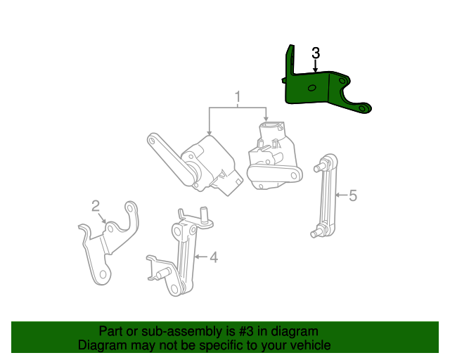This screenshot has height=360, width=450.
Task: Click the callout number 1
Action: point(238,96)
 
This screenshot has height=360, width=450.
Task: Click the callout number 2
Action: point(96,205)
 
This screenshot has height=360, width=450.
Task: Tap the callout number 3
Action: point(316,53)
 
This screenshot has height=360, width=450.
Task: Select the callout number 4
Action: point(213,257)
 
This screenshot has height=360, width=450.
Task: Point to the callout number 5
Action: point(353,195)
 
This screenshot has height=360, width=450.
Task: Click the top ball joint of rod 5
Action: point(325,166)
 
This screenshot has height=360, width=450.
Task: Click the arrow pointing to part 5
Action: point(341,195)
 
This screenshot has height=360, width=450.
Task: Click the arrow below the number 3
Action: point(316,66)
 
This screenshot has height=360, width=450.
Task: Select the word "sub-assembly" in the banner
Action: point(157,331)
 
